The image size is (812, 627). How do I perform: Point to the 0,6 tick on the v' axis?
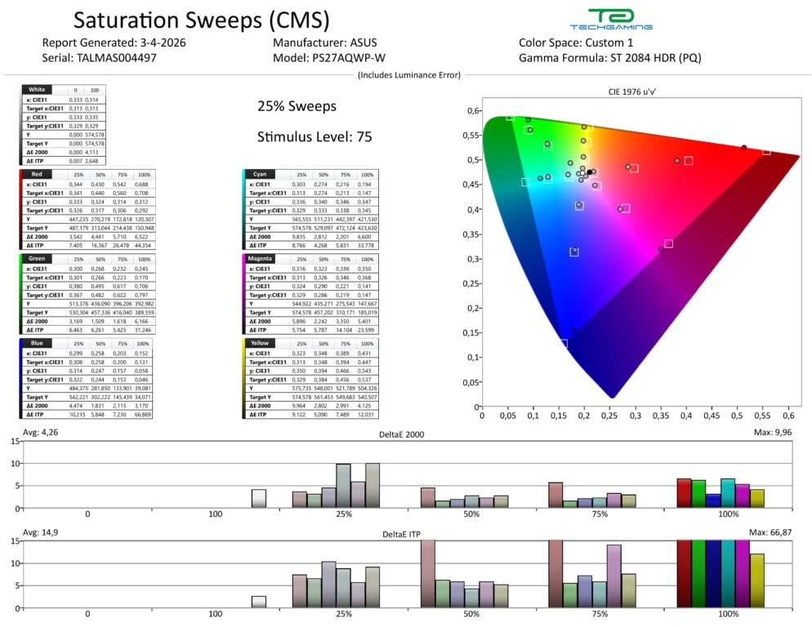[471, 111]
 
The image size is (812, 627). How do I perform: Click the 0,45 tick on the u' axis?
[712, 416]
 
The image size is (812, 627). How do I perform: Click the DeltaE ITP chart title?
[408, 534]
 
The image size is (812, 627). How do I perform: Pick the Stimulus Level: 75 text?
[315, 136]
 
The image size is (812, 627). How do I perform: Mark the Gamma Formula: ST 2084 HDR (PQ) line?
[609, 59]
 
